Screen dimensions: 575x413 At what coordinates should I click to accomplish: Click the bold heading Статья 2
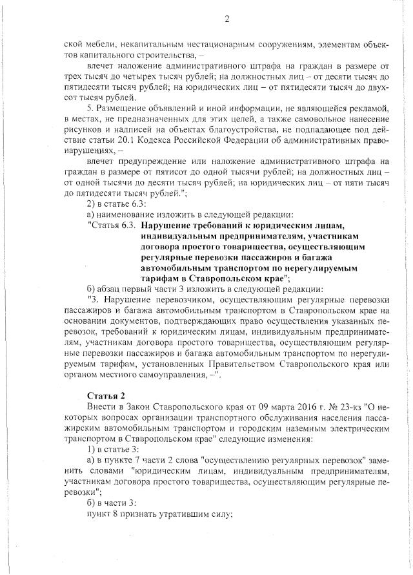(x=104, y=395)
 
